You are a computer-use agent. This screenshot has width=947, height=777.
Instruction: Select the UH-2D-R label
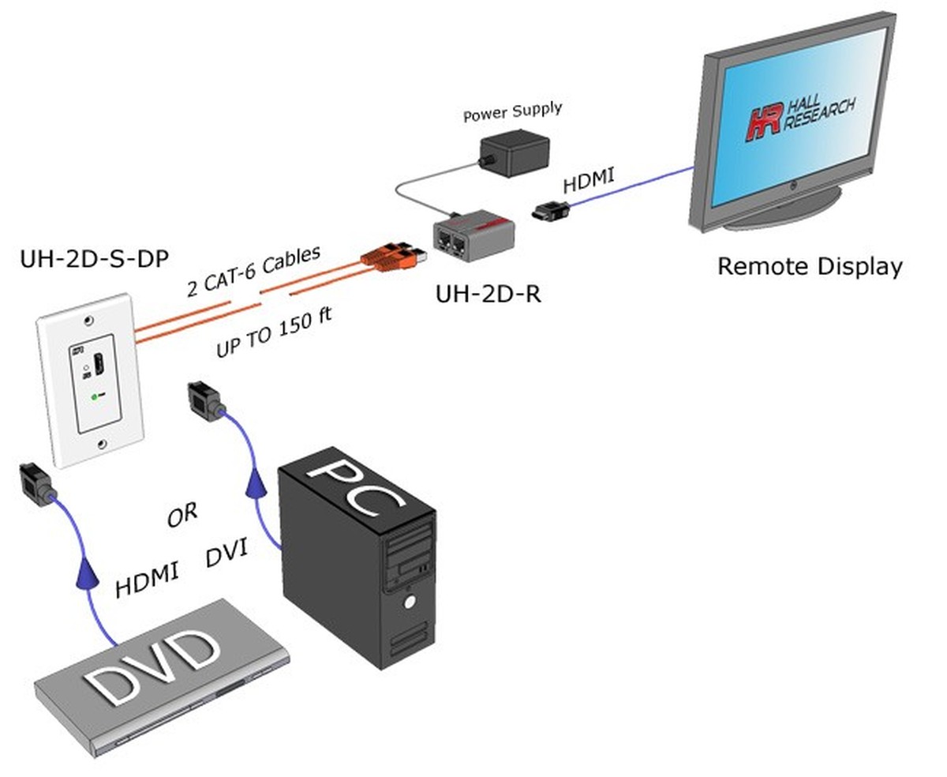pos(488,294)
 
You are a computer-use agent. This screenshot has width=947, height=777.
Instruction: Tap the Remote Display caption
pos(809,266)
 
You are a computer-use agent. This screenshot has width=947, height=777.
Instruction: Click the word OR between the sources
pos(182,516)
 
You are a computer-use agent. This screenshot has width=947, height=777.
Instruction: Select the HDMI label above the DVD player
pos(147,578)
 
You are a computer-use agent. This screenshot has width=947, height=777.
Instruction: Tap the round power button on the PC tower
pos(410,602)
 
